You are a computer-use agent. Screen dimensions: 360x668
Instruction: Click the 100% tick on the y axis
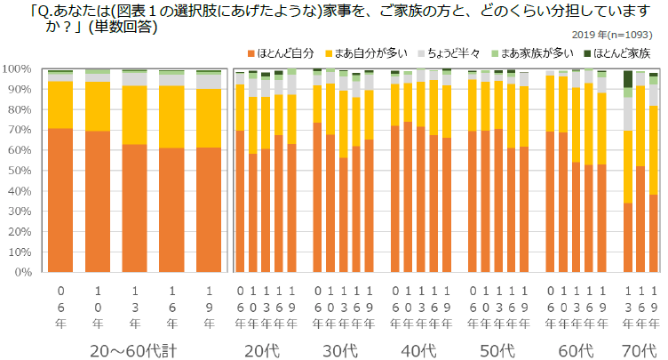[17, 68]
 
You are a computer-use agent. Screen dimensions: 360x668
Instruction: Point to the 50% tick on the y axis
[19, 171]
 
